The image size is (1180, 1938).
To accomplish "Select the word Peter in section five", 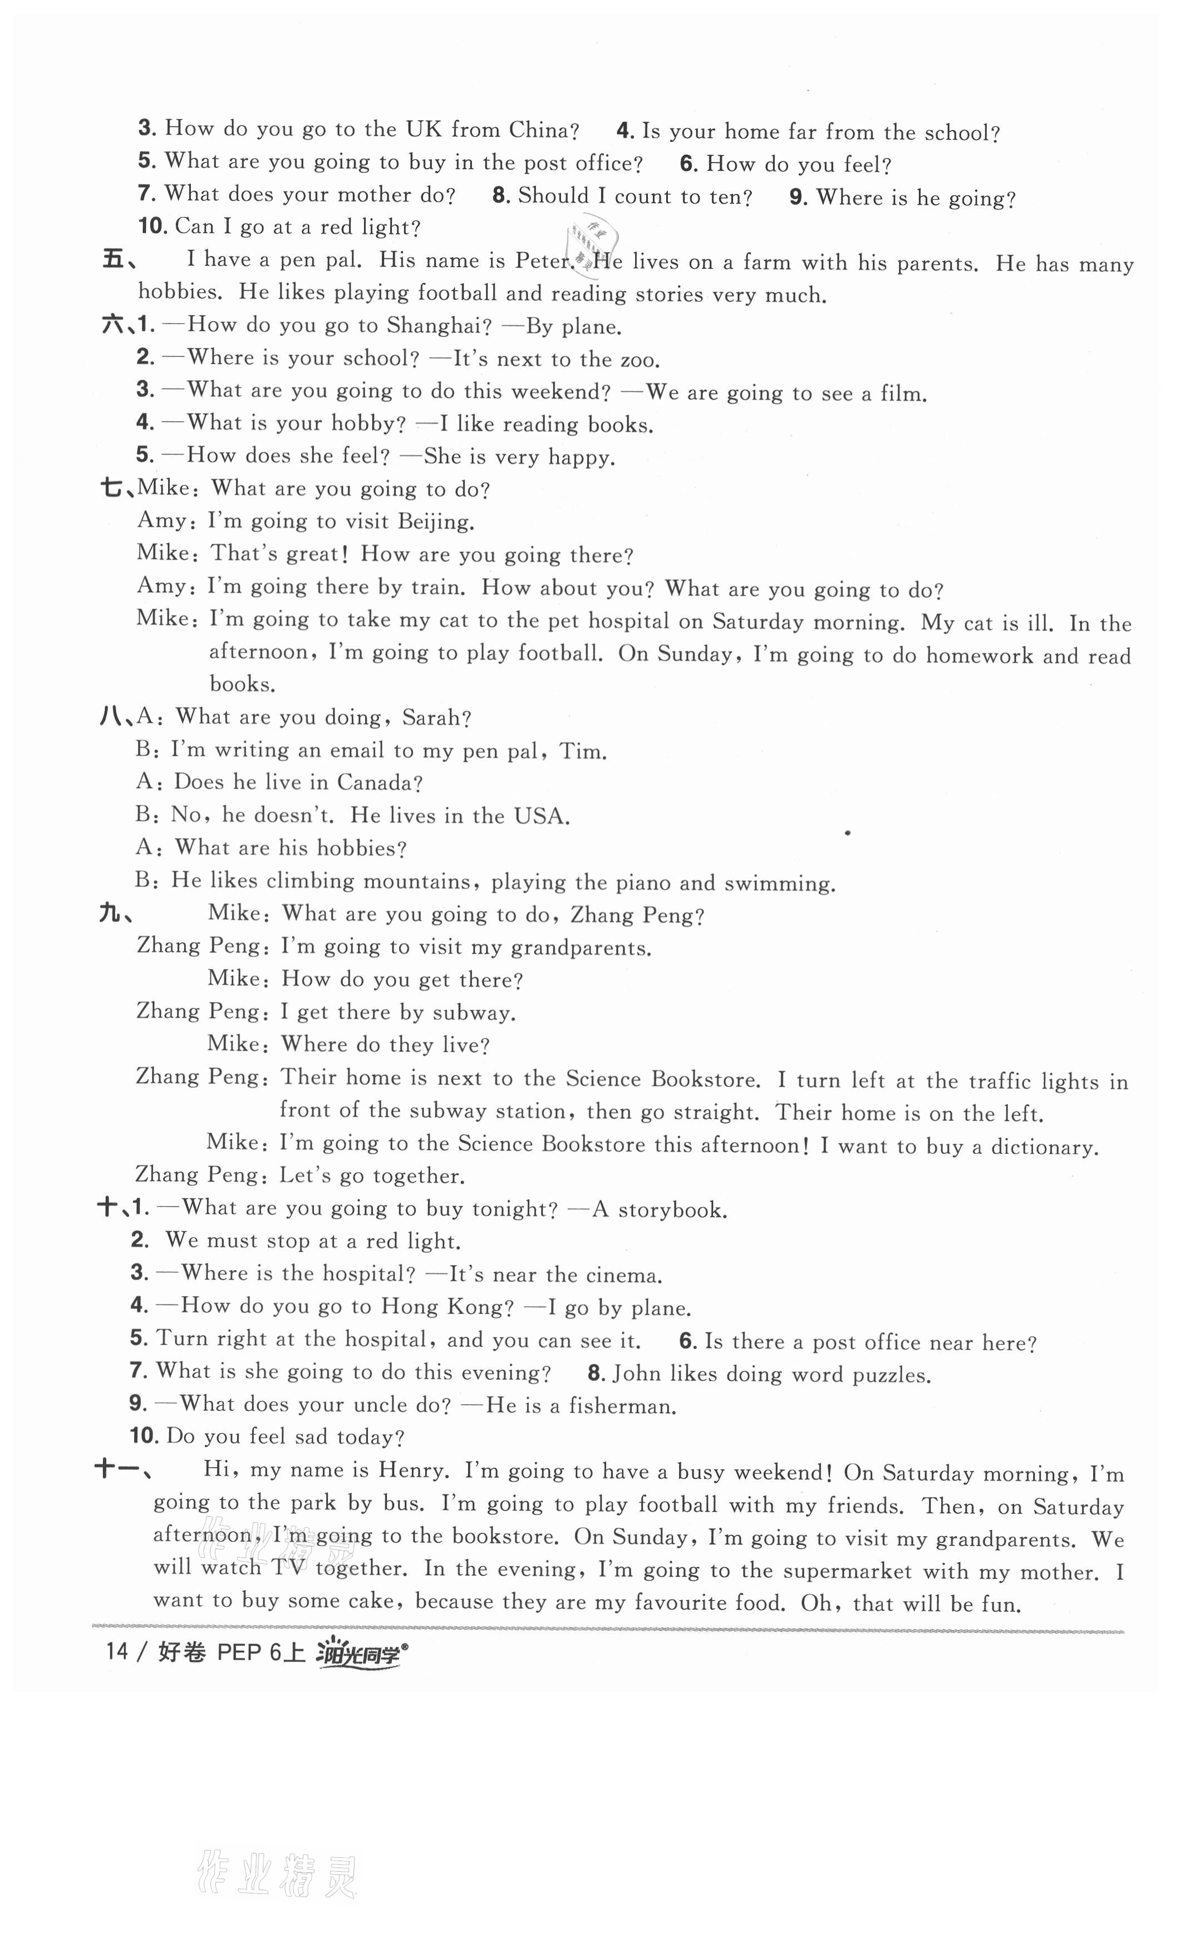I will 542,260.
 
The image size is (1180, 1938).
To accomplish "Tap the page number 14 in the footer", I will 116,1652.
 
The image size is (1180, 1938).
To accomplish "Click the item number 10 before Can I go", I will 153,227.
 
